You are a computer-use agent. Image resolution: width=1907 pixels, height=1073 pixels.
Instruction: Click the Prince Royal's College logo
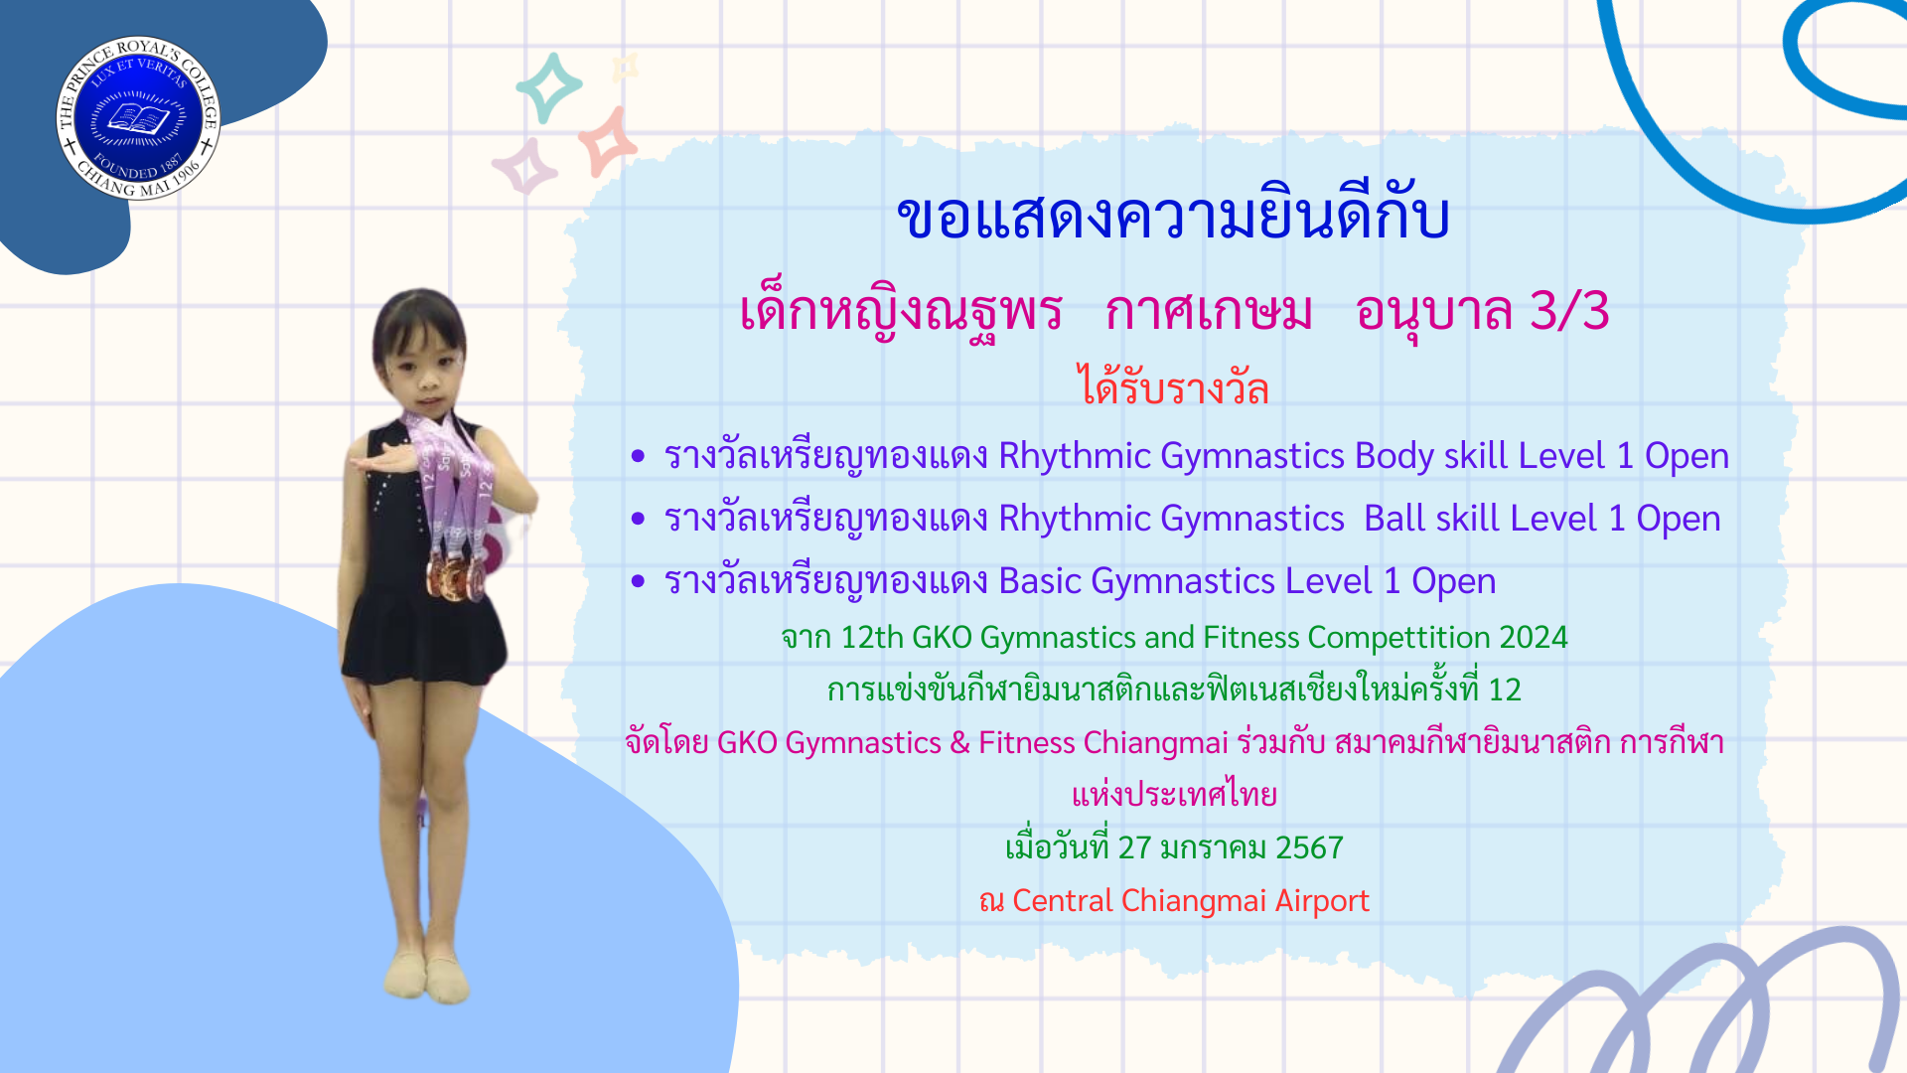point(138,118)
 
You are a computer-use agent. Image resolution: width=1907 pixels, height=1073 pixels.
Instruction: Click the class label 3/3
point(1569,311)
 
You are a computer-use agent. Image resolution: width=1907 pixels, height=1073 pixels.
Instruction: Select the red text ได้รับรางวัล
point(1174,386)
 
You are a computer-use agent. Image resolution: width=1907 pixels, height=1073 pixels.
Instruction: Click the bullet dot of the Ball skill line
point(638,519)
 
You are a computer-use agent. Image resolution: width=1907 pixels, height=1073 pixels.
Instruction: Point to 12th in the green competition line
point(871,637)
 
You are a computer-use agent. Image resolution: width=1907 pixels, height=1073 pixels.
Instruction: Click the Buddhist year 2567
point(1309,847)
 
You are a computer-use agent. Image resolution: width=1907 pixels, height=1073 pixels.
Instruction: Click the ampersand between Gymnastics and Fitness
point(959,743)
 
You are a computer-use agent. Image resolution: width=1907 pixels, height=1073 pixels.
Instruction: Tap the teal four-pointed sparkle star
point(548,87)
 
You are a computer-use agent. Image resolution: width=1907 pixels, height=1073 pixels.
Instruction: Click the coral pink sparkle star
point(607,141)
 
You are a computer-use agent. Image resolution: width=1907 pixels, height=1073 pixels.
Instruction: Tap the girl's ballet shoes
point(426,975)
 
